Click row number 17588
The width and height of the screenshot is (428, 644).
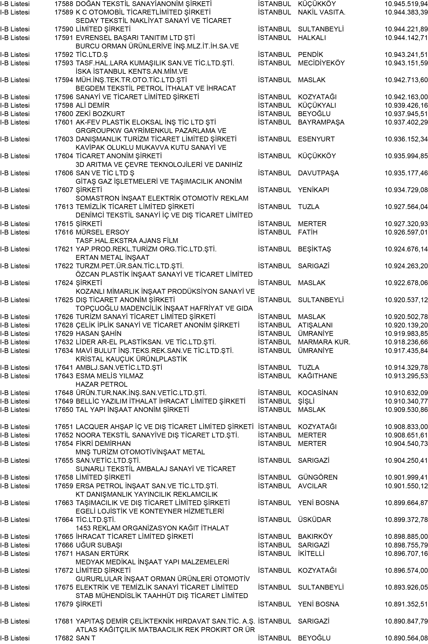pyautogui.click(x=64, y=4)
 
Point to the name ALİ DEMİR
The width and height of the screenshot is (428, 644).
pyautogui.click(x=92, y=105)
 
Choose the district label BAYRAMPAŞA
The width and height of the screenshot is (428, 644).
pyautogui.click(x=321, y=122)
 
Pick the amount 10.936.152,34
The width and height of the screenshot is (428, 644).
pyautogui.click(x=406, y=139)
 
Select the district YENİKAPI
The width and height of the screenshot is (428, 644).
pyautogui.click(x=313, y=190)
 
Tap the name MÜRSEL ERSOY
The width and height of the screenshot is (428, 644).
pyautogui.click(x=102, y=232)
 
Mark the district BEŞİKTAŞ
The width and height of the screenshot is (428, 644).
pyautogui.click(x=314, y=249)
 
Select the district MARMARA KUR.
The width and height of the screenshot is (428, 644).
pyautogui.click(x=324, y=342)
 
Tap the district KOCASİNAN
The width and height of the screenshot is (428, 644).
pyautogui.click(x=318, y=393)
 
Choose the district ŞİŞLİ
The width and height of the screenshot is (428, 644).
pyautogui.click(x=306, y=401)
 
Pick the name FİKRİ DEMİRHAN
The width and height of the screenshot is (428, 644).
pyautogui.click(x=103, y=444)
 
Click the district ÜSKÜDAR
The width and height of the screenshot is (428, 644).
pyautogui.click(x=314, y=520)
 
